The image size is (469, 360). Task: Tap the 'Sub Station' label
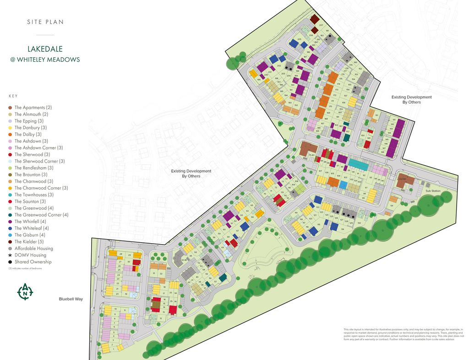click(x=432, y=191)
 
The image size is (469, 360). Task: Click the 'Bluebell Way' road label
click(x=71, y=299)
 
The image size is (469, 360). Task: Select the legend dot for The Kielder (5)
click(x=10, y=242)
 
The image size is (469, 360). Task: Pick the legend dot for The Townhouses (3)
click(x=10, y=195)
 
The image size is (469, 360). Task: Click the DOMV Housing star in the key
click(x=10, y=255)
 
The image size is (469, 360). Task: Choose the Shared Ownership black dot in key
click(x=10, y=262)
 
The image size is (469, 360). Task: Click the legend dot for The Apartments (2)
click(x=10, y=108)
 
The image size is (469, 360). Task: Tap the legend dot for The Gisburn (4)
click(x=10, y=235)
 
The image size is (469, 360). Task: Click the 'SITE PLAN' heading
click(x=45, y=22)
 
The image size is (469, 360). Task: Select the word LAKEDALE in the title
click(x=45, y=49)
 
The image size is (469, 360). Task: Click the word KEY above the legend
click(x=13, y=96)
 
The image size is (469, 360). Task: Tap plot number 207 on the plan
click(x=321, y=25)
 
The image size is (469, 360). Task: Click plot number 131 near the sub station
click(x=392, y=206)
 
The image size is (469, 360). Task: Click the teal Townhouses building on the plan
click(x=358, y=164)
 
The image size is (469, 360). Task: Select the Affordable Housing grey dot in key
click(x=10, y=248)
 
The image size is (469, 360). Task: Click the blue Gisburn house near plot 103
click(x=343, y=184)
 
